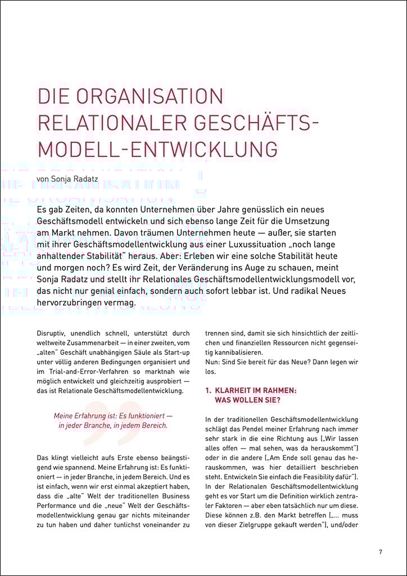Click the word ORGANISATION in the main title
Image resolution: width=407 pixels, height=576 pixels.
152,96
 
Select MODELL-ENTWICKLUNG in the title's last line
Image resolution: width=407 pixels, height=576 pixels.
158,149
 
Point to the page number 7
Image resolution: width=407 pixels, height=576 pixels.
381,552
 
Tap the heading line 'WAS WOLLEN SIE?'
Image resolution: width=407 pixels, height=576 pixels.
247,400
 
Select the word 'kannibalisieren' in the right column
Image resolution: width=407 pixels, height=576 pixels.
232,352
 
